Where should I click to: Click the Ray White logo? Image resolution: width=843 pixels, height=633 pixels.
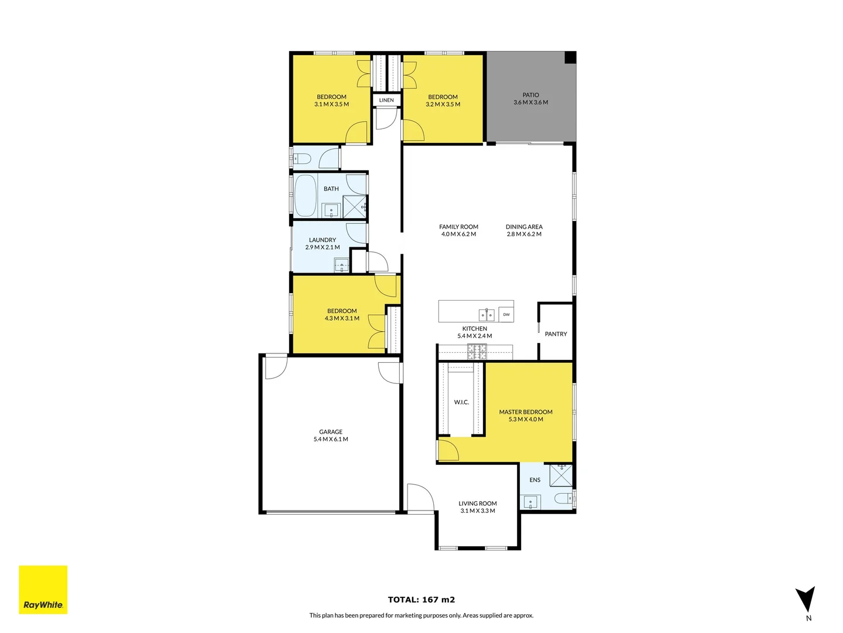tap(43, 590)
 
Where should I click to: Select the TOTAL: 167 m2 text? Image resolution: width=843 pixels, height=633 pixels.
tap(421, 600)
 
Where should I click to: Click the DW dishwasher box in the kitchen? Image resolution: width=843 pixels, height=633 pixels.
tap(506, 315)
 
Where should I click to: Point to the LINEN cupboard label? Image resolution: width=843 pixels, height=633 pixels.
tap(386, 100)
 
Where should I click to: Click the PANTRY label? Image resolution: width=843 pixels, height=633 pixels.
tap(556, 334)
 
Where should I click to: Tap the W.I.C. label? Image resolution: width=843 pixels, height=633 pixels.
tap(461, 402)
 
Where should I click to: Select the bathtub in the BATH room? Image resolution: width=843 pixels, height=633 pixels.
tap(305, 195)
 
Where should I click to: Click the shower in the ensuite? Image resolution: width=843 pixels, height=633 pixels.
tap(561, 475)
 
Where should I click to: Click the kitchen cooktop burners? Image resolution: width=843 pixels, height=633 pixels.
tap(476, 352)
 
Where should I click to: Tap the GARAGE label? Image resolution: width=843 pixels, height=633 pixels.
tap(331, 432)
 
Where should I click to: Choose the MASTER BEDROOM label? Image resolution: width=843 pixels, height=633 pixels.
tap(526, 412)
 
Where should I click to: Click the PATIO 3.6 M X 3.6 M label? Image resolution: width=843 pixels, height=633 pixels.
tap(530, 98)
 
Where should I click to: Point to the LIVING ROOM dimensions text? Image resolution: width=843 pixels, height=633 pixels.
tap(478, 511)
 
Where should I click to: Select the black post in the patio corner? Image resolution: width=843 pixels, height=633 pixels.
tap(570, 57)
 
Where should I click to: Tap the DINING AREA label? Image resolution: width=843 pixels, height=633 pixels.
tap(524, 227)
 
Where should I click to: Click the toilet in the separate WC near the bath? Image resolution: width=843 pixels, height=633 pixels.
tap(301, 158)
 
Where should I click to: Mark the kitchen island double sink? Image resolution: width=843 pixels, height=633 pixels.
tap(486, 315)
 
